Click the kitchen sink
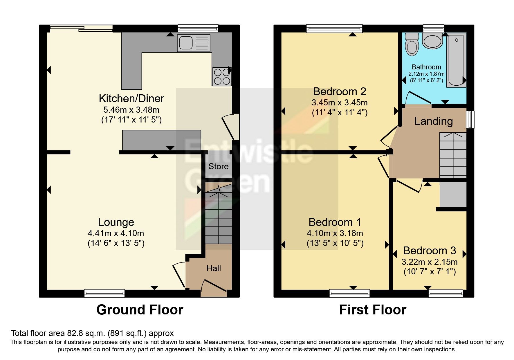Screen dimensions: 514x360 coord(194,43)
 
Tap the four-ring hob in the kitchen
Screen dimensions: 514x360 coord(222,77)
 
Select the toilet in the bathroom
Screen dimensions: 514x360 coord(412,44)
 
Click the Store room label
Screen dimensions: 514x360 coord(218,166)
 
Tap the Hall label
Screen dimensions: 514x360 coord(214,268)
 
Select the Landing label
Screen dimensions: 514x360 coord(433,121)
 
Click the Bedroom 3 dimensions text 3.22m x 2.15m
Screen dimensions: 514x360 coord(430,262)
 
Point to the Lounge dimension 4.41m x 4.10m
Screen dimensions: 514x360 coord(116,233)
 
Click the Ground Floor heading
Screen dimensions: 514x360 coord(140,310)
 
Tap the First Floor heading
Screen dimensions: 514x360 coord(373,310)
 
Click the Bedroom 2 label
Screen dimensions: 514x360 coord(340,91)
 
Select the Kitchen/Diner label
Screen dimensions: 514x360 coord(131,99)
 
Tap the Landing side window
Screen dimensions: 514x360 coord(470,120)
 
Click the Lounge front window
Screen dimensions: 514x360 coord(104,294)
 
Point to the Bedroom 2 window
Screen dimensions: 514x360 coord(335,28)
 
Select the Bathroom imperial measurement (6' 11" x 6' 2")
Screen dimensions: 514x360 coord(427,80)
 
